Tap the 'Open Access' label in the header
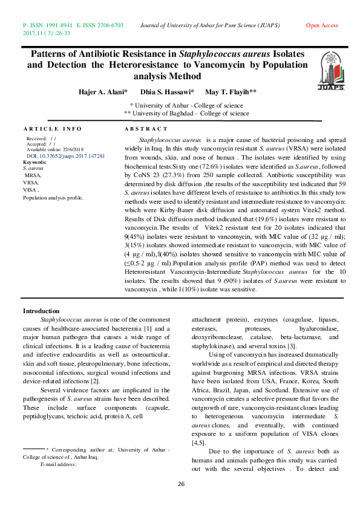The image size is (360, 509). point(322,25)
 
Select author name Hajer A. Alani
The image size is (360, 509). point(103,91)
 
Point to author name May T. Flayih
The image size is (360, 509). point(231,91)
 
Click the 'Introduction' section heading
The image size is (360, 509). point(41,311)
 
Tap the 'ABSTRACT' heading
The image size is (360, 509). point(146,129)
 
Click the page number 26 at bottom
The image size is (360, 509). point(180,485)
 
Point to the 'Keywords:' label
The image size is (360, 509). point(34,163)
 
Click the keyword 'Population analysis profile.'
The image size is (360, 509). point(53,198)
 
